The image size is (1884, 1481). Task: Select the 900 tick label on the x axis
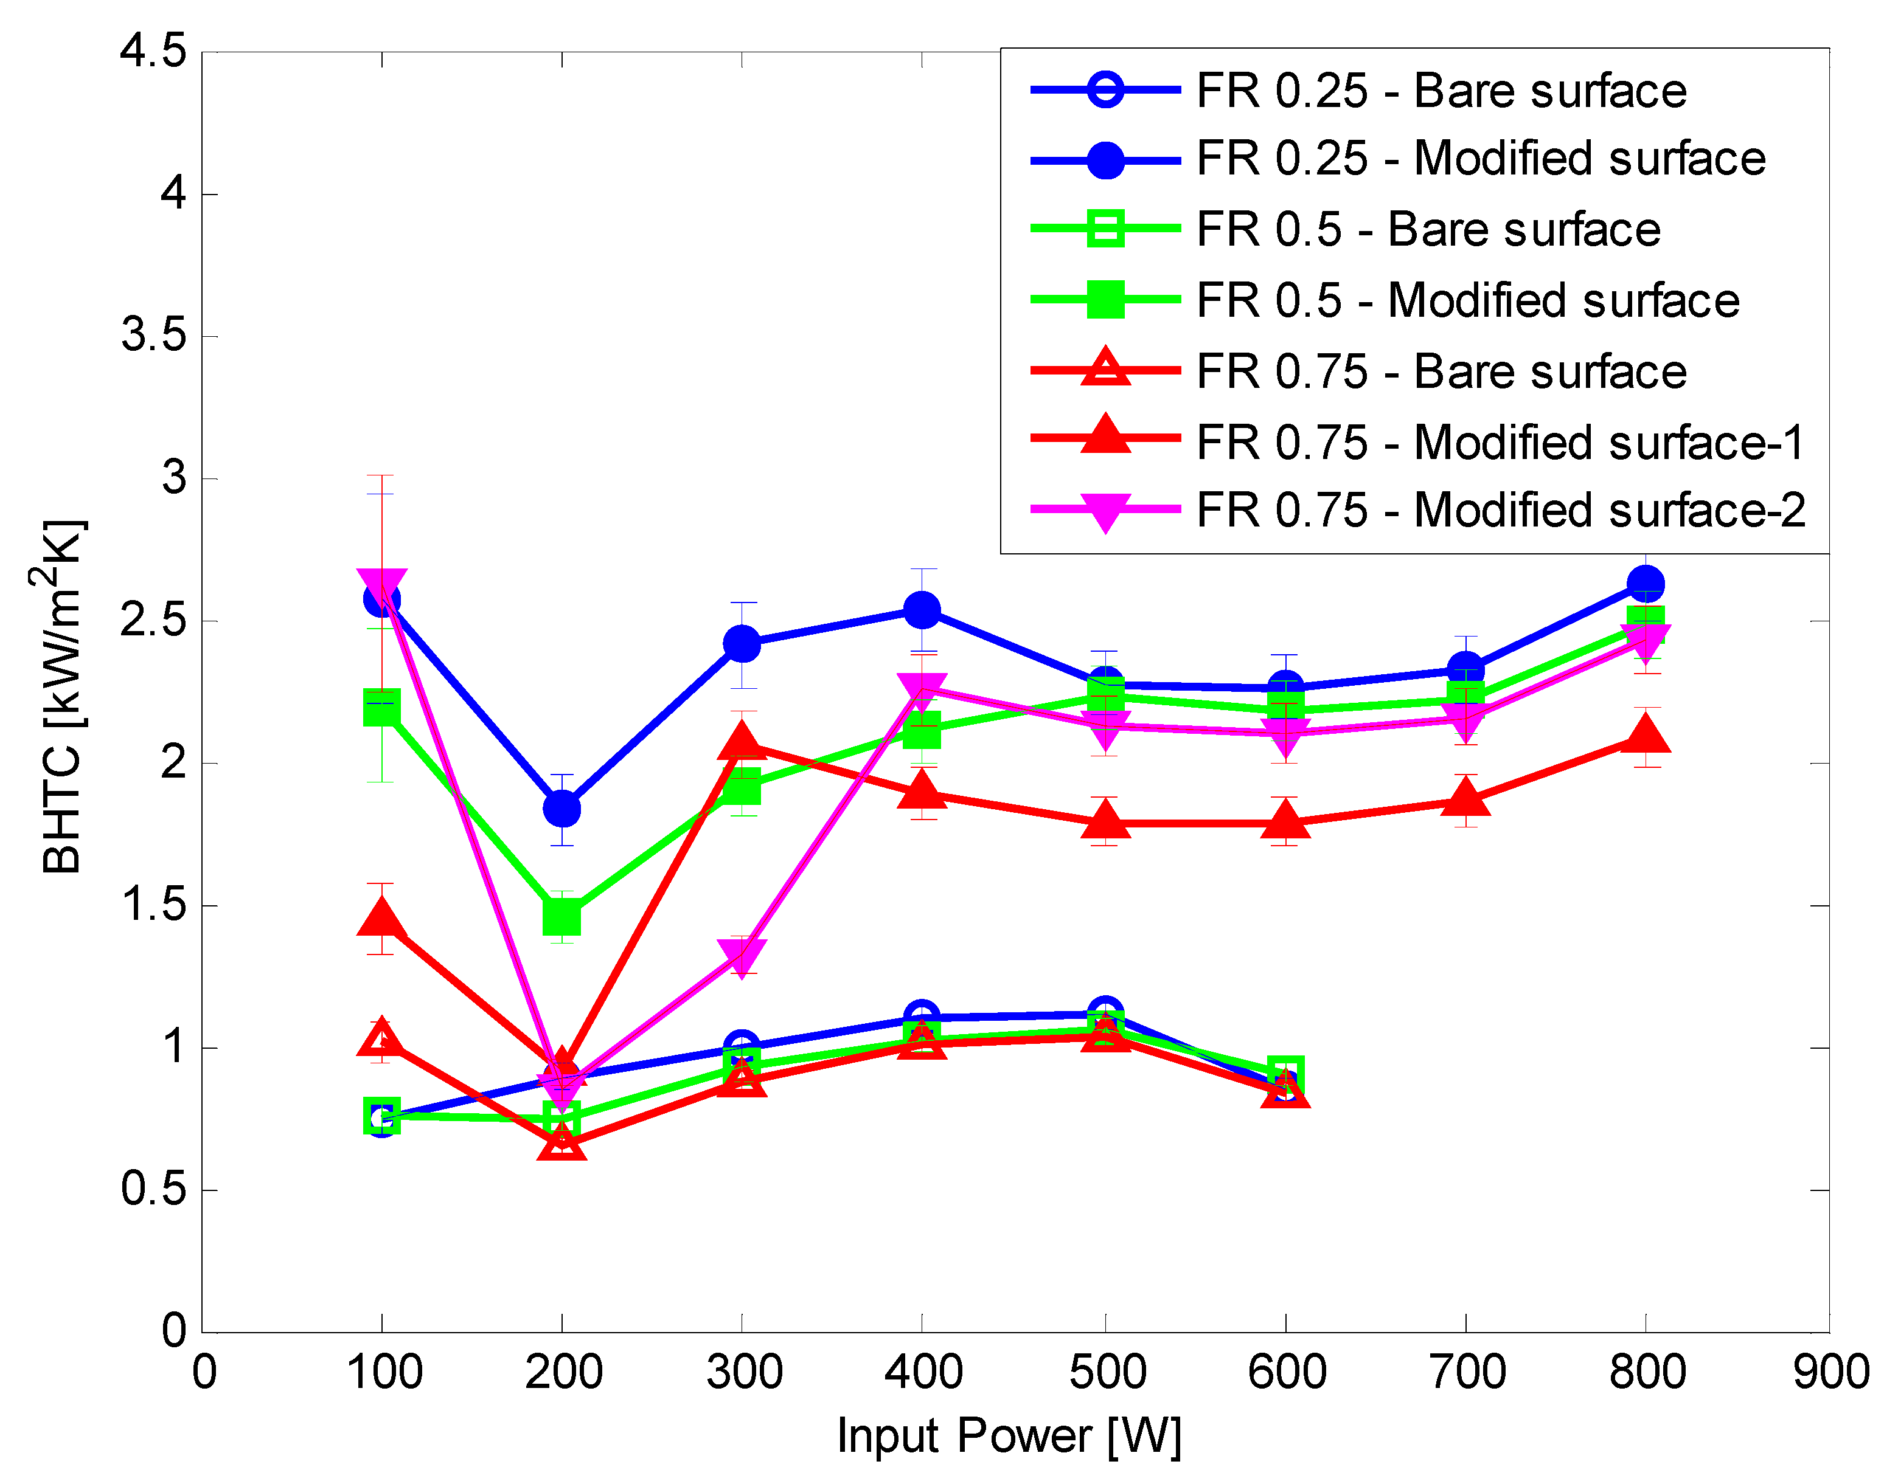1830,1372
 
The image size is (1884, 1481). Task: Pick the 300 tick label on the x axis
743,1372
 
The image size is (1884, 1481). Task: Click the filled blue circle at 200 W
561,809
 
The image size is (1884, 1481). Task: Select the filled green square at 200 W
561,917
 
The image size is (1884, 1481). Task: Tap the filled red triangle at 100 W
381,917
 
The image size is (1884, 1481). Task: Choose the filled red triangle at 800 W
1646,734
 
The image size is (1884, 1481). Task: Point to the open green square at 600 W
1285,1072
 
